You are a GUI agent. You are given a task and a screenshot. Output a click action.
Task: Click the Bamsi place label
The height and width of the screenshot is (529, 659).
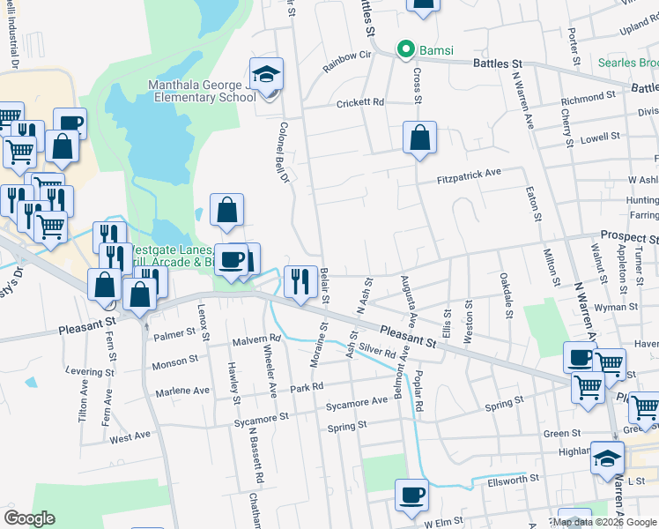click(435, 50)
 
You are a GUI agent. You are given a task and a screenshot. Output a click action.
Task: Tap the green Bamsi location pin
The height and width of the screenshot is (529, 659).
click(406, 49)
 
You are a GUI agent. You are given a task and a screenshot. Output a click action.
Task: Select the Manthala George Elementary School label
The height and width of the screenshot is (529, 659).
click(201, 91)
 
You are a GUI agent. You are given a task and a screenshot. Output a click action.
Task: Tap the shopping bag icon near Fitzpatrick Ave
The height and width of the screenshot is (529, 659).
click(420, 138)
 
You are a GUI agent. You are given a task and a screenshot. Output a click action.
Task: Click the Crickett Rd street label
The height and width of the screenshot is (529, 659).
click(360, 103)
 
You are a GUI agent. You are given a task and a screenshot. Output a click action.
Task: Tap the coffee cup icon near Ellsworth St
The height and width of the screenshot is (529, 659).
click(411, 495)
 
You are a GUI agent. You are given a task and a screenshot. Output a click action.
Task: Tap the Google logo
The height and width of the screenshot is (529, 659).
click(29, 518)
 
